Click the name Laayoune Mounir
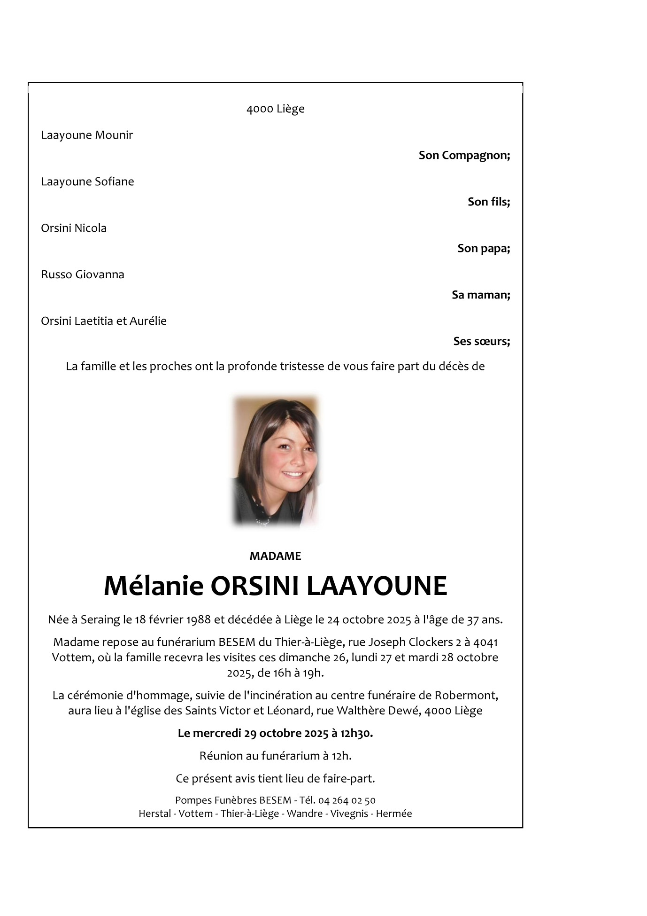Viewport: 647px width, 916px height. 87,135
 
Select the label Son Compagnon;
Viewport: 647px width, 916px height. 464,155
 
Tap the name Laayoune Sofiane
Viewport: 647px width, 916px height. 87,182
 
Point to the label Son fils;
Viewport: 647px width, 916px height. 488,202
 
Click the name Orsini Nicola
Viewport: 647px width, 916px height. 74,228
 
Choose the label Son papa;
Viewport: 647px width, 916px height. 484,248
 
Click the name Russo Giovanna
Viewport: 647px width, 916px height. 83,275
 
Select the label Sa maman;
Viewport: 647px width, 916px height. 481,295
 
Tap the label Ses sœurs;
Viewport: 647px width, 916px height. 481,341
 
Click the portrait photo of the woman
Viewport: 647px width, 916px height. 276,461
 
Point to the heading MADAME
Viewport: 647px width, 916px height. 275,556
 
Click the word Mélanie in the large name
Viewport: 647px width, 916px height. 154,586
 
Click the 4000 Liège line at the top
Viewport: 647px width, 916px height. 275,109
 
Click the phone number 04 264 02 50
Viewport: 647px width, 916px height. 347,800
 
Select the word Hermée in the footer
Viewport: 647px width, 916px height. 394,814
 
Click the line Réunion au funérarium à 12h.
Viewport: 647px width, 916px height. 275,756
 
